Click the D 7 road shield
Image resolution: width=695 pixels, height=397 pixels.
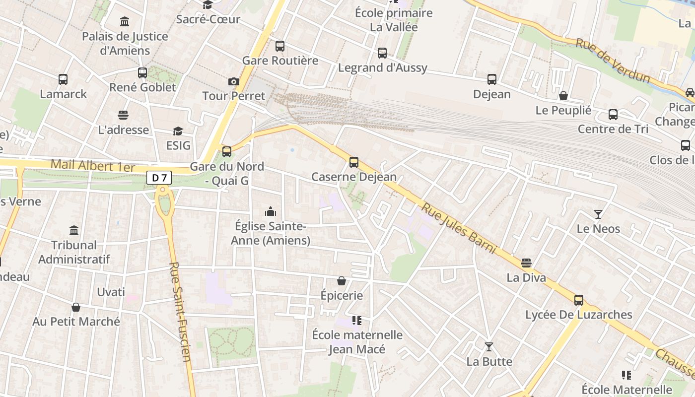pos(159,178)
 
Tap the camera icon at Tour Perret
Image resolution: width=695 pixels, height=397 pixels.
pos(234,81)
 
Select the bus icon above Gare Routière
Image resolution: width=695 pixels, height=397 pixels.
pos(280,46)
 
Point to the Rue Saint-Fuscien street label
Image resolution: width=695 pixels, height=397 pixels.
pos(180,312)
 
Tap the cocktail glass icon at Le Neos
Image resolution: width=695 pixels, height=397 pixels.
pos(598,214)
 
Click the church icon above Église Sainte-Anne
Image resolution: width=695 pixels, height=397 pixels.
pos(271,212)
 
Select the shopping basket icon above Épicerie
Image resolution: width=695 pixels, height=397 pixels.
pos(342,281)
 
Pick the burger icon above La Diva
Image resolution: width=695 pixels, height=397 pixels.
pos(526,263)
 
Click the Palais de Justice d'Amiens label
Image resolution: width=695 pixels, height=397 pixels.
pos(125,43)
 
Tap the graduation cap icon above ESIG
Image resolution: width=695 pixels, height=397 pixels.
pos(178,131)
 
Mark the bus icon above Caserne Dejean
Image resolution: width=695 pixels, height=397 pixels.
pos(354,162)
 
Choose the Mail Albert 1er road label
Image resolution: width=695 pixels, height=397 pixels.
pos(93,165)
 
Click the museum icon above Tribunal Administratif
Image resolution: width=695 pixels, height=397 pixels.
pos(74,230)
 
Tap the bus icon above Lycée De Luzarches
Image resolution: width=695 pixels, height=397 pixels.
pos(579,300)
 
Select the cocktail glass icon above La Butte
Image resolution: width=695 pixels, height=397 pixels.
pos(489,347)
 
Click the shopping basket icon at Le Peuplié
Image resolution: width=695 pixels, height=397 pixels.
pos(563,96)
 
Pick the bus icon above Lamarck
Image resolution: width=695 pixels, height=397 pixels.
pos(63,79)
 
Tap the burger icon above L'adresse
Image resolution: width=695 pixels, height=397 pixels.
pos(123,115)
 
